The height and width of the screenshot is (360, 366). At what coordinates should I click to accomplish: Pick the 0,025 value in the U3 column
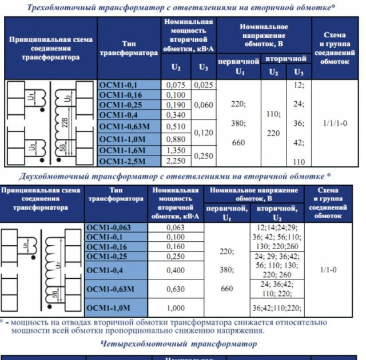coord(203,85)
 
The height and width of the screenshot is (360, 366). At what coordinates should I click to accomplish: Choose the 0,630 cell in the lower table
coord(176,289)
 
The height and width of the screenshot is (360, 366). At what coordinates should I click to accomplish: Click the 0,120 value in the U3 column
coord(203,133)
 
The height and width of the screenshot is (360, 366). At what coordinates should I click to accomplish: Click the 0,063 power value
coord(176,227)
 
